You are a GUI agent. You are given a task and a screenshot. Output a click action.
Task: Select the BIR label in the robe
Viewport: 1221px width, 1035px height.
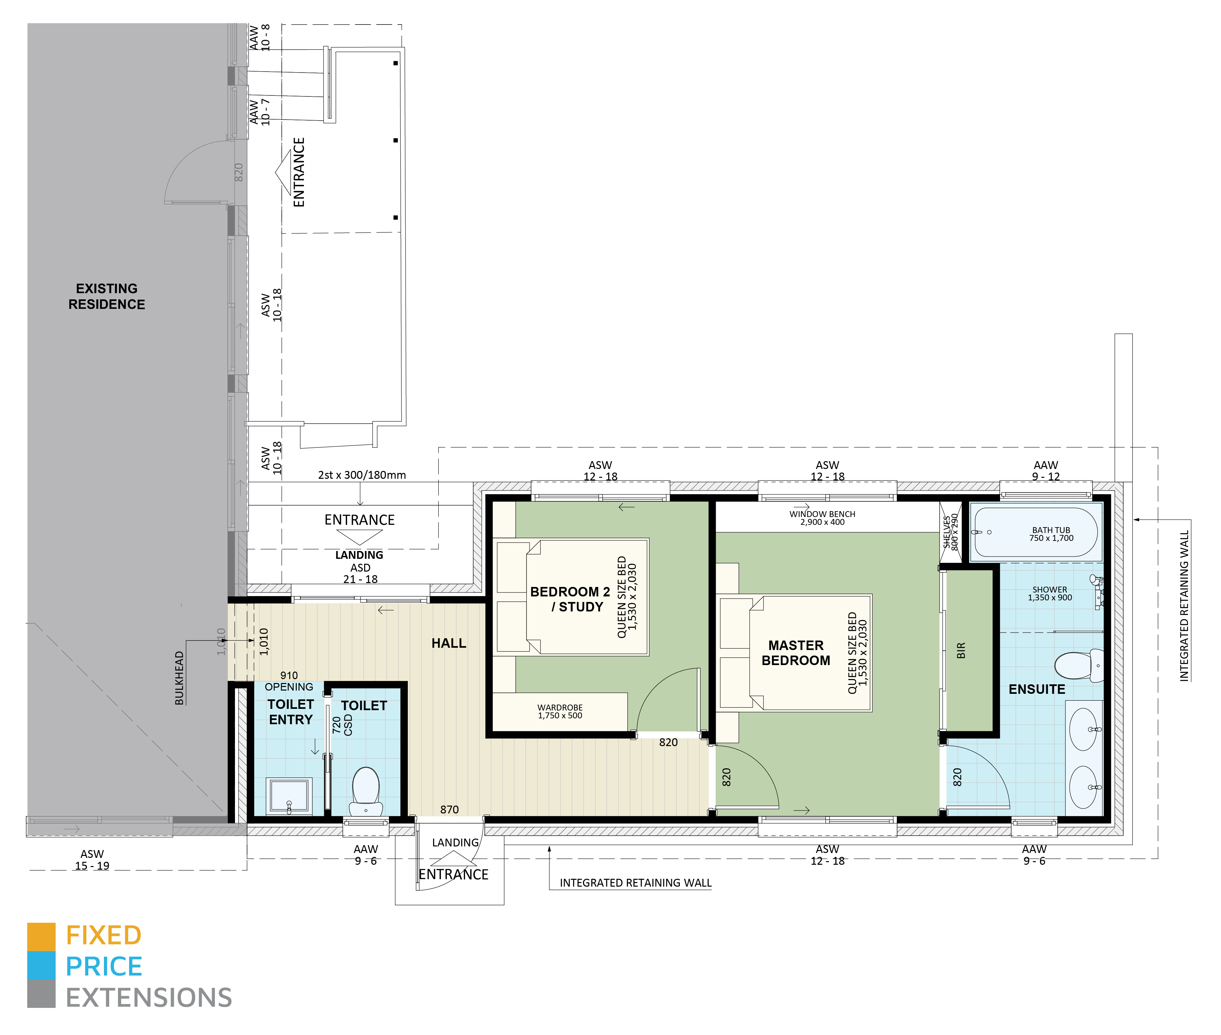click(x=961, y=650)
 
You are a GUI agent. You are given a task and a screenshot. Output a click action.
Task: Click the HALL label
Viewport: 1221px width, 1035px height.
click(x=448, y=643)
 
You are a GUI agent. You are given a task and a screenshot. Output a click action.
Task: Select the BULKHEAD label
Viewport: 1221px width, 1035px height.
click(x=179, y=678)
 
